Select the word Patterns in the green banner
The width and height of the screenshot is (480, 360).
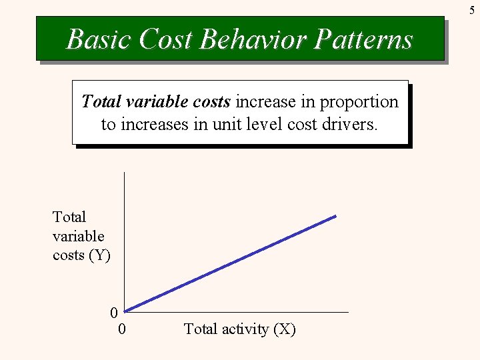coord(363,39)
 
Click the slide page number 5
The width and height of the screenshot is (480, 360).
coord(472,10)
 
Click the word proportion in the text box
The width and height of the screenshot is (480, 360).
coord(359,102)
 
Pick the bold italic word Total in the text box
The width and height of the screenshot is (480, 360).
coord(100,102)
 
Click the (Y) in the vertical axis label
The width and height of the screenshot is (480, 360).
coord(99,255)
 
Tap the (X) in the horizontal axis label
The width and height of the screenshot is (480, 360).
coord(284,329)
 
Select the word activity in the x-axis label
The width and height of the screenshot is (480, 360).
coord(244,329)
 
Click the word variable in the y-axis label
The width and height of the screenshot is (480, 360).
coord(78,236)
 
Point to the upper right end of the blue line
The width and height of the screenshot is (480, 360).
coord(335,216)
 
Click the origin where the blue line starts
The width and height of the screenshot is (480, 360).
coord(125,311)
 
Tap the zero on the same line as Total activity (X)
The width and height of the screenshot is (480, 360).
coord(122,329)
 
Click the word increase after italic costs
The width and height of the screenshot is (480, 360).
coord(259,102)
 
